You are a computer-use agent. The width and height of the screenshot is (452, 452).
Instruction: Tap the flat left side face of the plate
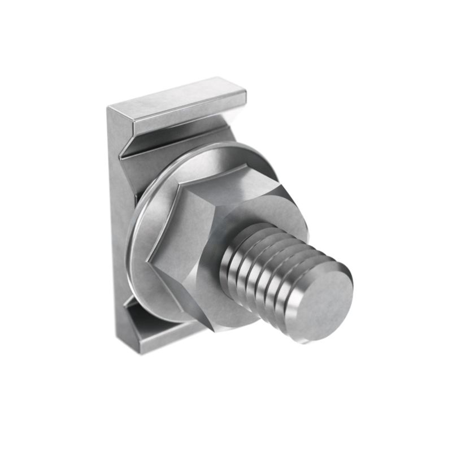coord(116,226)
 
